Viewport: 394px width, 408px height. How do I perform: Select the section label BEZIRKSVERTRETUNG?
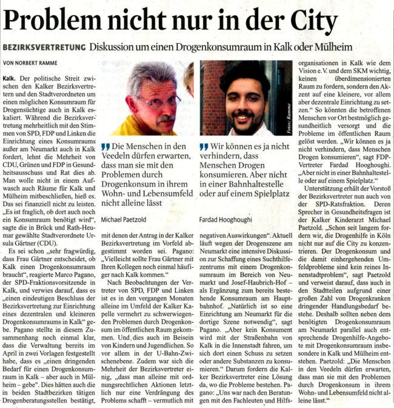click(x=44, y=47)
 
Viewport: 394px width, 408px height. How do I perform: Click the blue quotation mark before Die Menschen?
click(x=105, y=146)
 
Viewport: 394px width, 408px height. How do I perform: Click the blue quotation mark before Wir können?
click(x=204, y=146)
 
